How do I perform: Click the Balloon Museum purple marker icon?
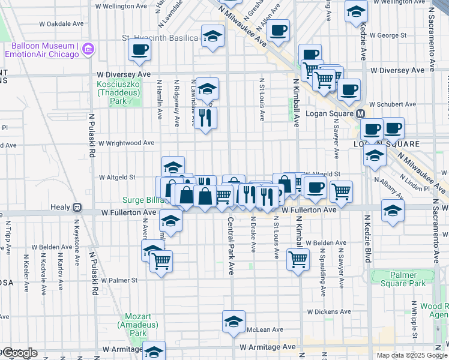pyautogui.click(x=88, y=48)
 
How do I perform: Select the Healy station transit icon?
pyautogui.click(x=77, y=207)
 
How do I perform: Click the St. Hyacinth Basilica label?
pyautogui.click(x=160, y=38)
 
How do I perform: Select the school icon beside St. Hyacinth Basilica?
pyautogui.click(x=212, y=37)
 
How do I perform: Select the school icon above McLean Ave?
pyautogui.click(x=234, y=322)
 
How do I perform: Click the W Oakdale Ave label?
pyautogui.click(x=61, y=25)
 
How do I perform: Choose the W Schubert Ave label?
pyautogui.click(x=393, y=103)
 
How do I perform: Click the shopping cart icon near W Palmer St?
pyautogui.click(x=161, y=261)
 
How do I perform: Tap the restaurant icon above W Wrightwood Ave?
pyautogui.click(x=206, y=119)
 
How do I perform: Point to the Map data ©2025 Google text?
pyautogui.click(x=411, y=355)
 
